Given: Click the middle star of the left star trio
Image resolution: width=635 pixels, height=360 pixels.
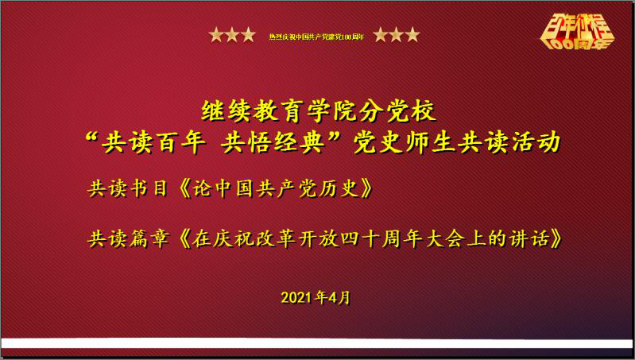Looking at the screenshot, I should coord(232,34).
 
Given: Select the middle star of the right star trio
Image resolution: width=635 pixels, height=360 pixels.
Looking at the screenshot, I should coord(396,34).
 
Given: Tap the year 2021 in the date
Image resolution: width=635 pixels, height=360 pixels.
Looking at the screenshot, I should coord(297,297).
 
